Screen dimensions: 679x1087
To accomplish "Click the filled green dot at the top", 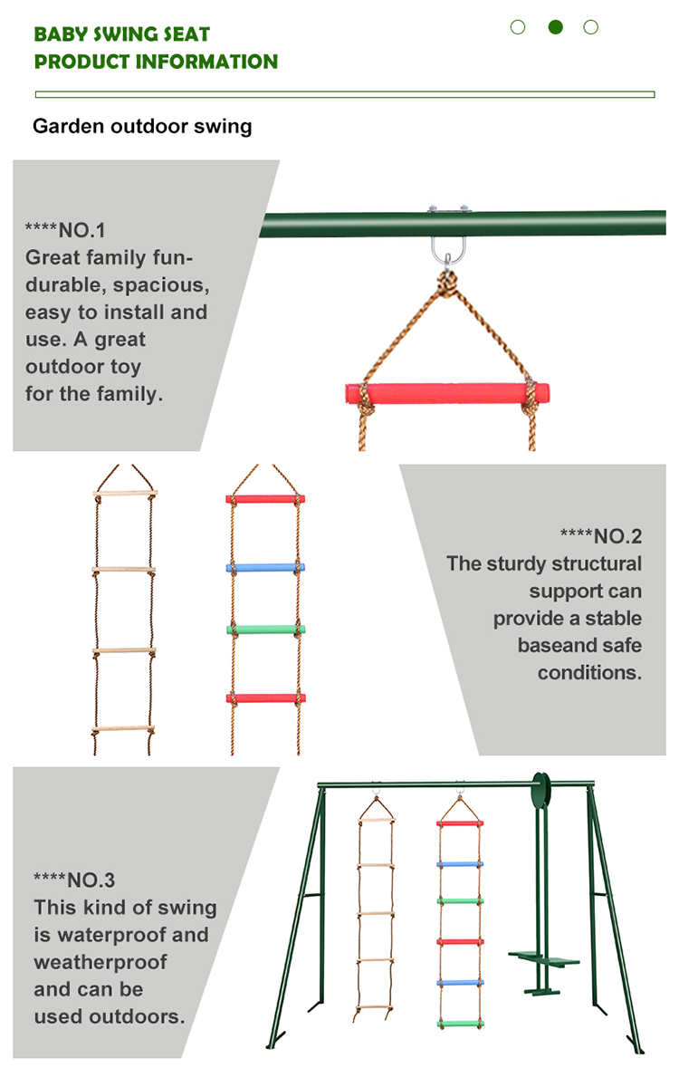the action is click(555, 27).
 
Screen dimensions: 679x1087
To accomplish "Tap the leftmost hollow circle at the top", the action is click(518, 27).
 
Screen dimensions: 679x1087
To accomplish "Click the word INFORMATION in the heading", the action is click(206, 62).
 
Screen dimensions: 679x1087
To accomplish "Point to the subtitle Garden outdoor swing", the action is click(142, 126).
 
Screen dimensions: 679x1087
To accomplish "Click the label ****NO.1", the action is click(65, 230).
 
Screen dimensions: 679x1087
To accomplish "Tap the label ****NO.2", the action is click(601, 536).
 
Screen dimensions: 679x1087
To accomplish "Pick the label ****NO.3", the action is click(74, 880).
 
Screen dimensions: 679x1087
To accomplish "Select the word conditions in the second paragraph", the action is click(589, 672).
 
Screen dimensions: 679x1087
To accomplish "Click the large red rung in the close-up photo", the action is click(447, 393).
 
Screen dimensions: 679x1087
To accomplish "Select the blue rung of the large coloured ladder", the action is click(265, 567).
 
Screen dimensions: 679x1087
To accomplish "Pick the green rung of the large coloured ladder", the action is click(266, 630).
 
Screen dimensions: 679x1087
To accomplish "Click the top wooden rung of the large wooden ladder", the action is click(125, 493).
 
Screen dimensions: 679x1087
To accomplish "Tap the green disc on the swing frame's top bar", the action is click(541, 791).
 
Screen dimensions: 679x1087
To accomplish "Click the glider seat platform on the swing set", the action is click(544, 958).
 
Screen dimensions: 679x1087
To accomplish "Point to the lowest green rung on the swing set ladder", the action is click(460, 1024).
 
